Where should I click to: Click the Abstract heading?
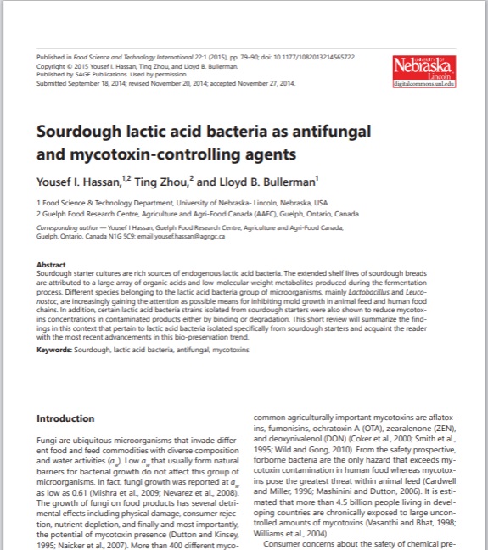[52, 265]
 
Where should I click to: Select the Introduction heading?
[65, 418]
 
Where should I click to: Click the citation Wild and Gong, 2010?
[307, 449]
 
